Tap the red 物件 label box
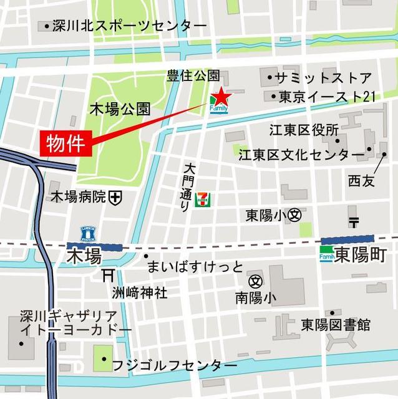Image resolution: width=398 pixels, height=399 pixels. click(x=67, y=143)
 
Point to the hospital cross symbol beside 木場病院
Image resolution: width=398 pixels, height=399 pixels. click(x=115, y=198)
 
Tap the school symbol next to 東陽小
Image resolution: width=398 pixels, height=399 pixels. click(x=295, y=214)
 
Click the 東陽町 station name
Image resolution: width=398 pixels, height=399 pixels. click(x=361, y=255)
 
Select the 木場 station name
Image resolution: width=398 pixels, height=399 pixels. click(x=84, y=256)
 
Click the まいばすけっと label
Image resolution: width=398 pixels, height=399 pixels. click(x=195, y=267)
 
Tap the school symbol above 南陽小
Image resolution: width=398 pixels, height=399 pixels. click(x=255, y=281)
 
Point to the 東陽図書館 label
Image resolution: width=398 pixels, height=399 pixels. click(x=335, y=325)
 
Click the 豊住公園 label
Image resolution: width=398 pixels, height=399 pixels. click(x=193, y=76)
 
